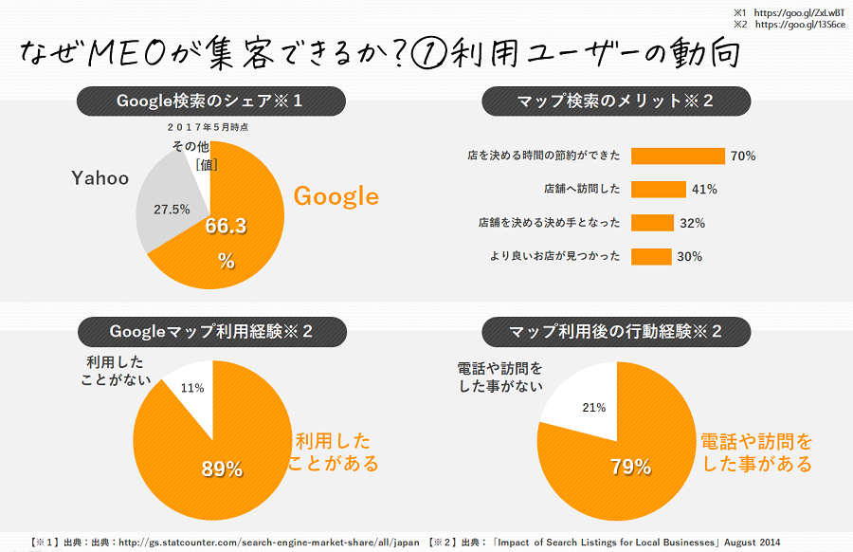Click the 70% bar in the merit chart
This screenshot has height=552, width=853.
(677, 156)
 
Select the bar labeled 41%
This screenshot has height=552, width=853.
(658, 189)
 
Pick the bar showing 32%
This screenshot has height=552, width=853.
(650, 223)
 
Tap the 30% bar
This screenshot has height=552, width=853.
(650, 256)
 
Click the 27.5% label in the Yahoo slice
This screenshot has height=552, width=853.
(172, 209)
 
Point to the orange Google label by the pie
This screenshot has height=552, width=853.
(336, 196)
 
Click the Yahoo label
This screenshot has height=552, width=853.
(100, 178)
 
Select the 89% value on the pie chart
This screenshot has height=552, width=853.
(221, 469)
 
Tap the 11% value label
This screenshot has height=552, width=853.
(192, 388)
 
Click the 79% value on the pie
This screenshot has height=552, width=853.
(629, 467)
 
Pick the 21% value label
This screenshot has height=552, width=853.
(594, 408)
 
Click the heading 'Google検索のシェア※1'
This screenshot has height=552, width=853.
(210, 101)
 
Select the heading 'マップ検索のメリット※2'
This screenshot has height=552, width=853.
(615, 101)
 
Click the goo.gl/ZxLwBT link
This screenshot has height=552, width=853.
(803, 12)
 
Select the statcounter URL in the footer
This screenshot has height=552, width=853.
(268, 542)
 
